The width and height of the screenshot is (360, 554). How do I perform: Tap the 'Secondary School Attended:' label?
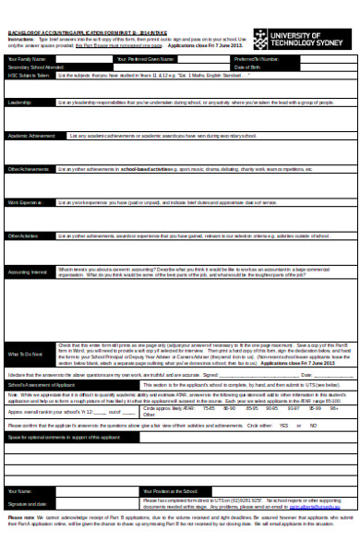36,66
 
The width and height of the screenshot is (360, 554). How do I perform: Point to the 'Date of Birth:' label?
247,66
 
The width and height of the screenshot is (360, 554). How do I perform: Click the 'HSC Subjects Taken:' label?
28,75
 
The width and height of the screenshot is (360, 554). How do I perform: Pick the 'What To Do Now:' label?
26,354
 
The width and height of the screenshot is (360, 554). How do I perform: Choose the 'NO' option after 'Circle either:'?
310,426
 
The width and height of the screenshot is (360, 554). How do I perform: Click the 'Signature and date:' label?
26,503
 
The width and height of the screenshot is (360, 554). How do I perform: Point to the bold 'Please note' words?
20,516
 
